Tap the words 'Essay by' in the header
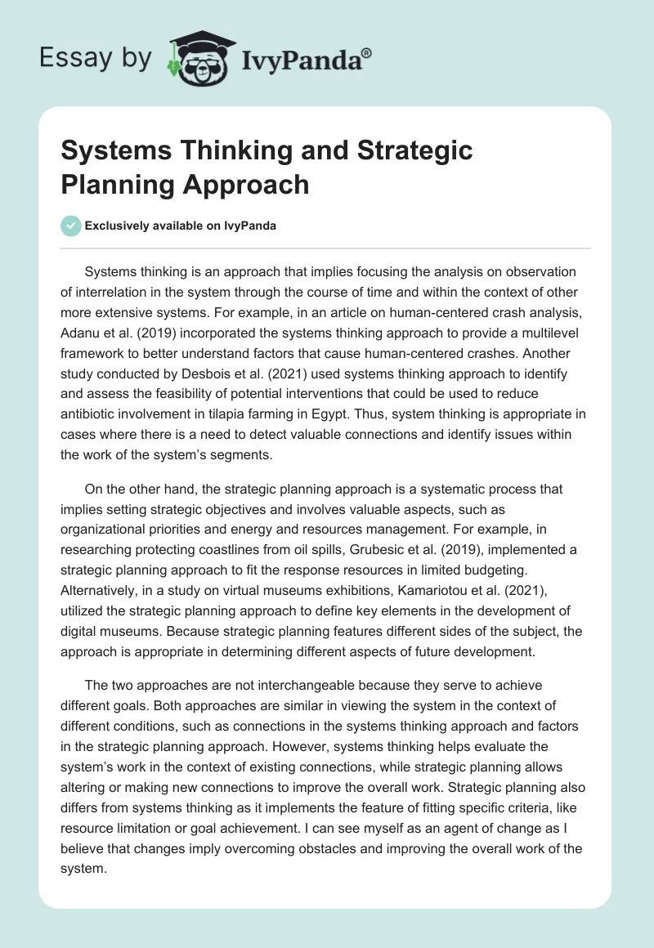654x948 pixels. pyautogui.click(x=96, y=58)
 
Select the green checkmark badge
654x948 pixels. pyautogui.click(x=71, y=226)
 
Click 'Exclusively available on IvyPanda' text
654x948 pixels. pyautogui.click(x=181, y=226)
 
